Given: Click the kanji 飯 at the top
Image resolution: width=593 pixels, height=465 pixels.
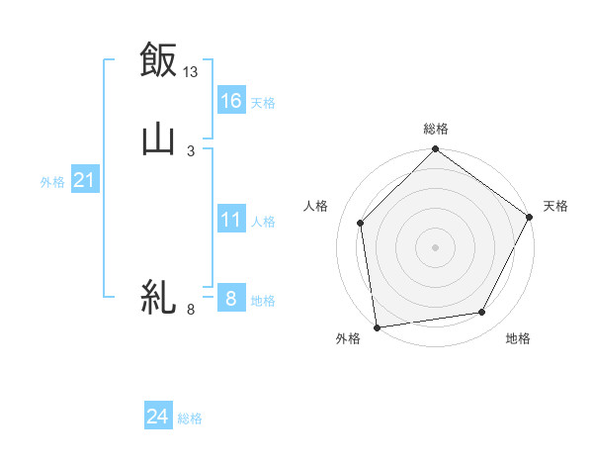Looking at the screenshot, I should pyautogui.click(x=158, y=60).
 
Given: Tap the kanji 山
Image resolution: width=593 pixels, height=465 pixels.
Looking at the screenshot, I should pyautogui.click(x=158, y=139).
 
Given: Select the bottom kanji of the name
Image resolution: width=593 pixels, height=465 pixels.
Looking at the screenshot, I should pyautogui.click(x=158, y=298).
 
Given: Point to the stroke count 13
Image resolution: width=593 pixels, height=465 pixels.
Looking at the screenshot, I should pyautogui.click(x=191, y=71).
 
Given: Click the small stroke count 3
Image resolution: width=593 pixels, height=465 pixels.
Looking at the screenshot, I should pyautogui.click(x=191, y=150).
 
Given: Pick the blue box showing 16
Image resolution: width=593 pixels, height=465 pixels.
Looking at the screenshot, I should pyautogui.click(x=230, y=101).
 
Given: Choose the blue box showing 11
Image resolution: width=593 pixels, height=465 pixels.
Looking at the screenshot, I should pyautogui.click(x=230, y=220).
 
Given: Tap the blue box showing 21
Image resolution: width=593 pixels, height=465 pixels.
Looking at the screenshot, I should pyautogui.click(x=84, y=180).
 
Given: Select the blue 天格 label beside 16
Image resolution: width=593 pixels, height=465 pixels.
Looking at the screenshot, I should pyautogui.click(x=263, y=103).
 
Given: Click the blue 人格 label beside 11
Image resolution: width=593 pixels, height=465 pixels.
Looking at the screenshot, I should pyautogui.click(x=263, y=222).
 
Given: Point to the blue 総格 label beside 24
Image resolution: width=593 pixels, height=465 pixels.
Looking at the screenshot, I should pyautogui.click(x=190, y=418).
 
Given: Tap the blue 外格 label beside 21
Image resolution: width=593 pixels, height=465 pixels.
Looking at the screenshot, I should pyautogui.click(x=52, y=182).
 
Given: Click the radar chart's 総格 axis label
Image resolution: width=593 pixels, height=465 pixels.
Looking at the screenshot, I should pyautogui.click(x=435, y=129).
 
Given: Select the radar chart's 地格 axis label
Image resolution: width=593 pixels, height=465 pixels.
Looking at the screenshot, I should pyautogui.click(x=518, y=339).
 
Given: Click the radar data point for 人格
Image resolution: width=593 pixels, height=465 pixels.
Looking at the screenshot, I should pyautogui.click(x=361, y=223).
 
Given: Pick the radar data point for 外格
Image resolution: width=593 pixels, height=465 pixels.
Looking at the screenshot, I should pyautogui.click(x=377, y=326).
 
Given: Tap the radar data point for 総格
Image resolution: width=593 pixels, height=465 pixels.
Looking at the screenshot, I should pyautogui.click(x=435, y=150).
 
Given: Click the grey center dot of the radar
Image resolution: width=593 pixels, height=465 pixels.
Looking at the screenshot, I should pyautogui.click(x=435, y=247).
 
